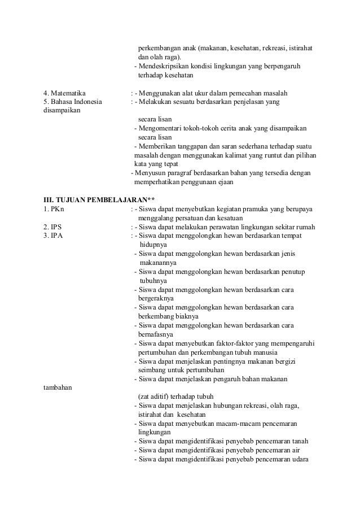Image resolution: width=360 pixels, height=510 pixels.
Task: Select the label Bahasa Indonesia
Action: point(76,102)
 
